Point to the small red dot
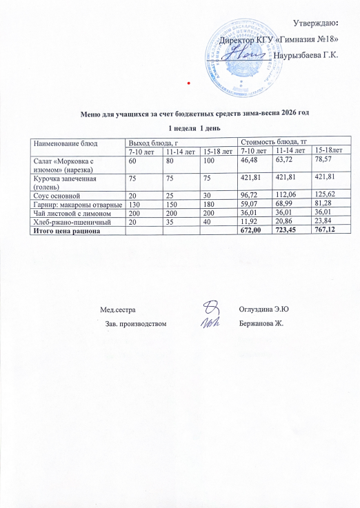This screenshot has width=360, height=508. click(189, 82)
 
